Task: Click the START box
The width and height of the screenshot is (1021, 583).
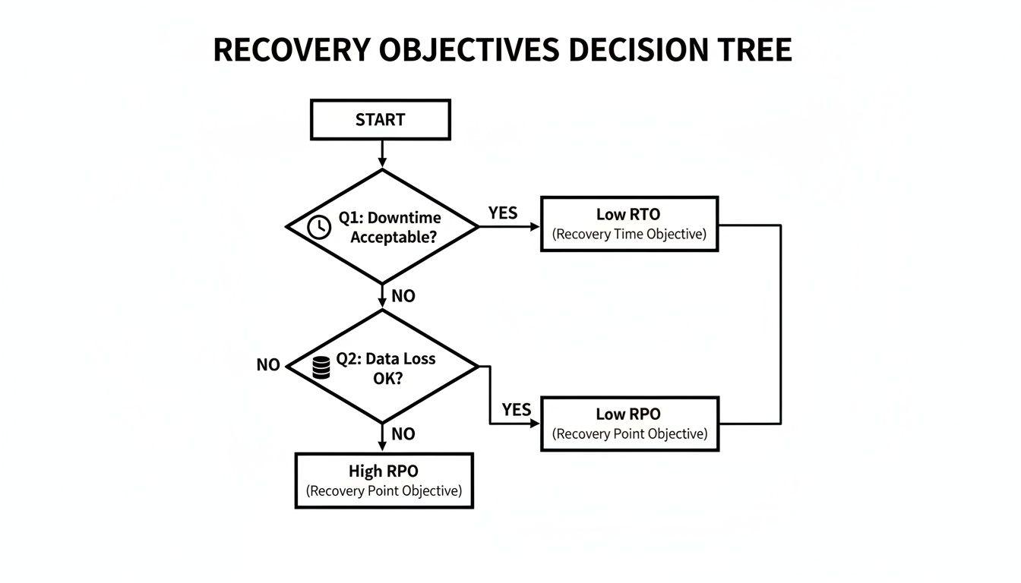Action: pyautogui.click(x=380, y=120)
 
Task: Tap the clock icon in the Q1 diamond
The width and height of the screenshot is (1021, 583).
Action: pyautogui.click(x=319, y=227)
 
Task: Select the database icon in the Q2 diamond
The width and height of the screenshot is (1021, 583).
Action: pyautogui.click(x=321, y=367)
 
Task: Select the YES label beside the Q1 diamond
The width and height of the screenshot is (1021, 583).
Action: pyautogui.click(x=502, y=213)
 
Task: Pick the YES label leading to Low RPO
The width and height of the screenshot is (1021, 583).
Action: pyautogui.click(x=516, y=410)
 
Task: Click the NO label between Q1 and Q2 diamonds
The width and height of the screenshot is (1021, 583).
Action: pyautogui.click(x=403, y=296)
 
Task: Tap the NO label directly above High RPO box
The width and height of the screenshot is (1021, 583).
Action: pyautogui.click(x=403, y=433)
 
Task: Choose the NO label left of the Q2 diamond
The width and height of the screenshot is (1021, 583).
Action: pyautogui.click(x=268, y=365)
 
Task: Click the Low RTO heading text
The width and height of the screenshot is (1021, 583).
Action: pyautogui.click(x=628, y=215)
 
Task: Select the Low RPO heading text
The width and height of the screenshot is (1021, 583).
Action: pyautogui.click(x=628, y=414)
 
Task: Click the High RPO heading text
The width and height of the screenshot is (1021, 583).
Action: pyautogui.click(x=384, y=471)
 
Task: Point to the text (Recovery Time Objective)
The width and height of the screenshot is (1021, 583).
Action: pyautogui.click(x=629, y=235)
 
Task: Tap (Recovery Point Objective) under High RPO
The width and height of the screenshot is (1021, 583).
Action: pyautogui.click(x=384, y=491)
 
